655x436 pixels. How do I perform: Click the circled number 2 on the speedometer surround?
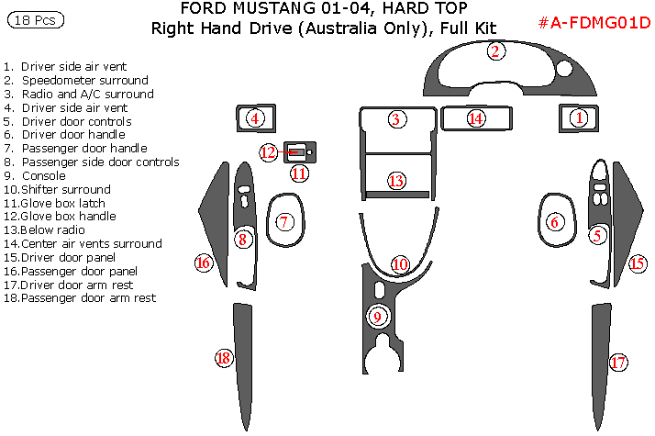point(495,51)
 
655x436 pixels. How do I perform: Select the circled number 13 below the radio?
point(396,181)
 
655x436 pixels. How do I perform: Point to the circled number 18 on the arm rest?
point(223,358)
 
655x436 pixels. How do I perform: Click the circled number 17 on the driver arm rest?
point(619,363)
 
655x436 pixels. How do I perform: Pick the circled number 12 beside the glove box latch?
point(268,152)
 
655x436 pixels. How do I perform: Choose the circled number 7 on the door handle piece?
point(284,221)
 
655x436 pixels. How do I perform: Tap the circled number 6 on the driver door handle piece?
point(554,221)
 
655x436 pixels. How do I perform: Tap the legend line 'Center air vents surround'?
point(90,244)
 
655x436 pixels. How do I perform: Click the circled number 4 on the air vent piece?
point(254,117)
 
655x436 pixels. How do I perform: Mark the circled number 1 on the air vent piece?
point(579,117)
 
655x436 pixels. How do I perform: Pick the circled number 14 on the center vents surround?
point(475,118)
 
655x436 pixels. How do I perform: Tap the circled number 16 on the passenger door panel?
point(204,263)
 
